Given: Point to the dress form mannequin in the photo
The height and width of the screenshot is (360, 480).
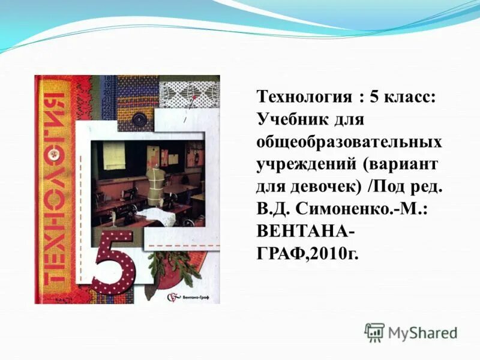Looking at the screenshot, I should pyautogui.click(x=154, y=179).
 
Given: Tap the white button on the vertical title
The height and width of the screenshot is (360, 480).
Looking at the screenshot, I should pyautogui.click(x=56, y=154).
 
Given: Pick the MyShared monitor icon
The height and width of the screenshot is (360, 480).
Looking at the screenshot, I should pyautogui.click(x=374, y=332).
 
